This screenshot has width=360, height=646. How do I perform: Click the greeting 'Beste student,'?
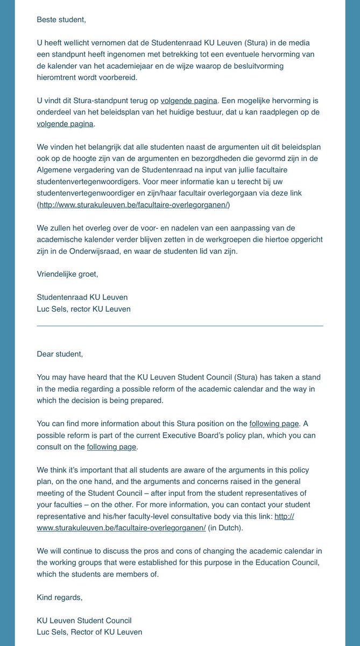pos(61,19)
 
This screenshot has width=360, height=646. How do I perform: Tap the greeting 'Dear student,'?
pos(60,354)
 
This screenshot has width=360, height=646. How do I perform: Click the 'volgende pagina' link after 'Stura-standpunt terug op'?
pos(189,100)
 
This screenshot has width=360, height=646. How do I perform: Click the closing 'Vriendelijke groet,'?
pos(67,274)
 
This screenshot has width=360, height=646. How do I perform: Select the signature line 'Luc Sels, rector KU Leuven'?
pos(83,308)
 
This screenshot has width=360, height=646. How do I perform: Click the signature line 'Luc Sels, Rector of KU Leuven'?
pos(89,632)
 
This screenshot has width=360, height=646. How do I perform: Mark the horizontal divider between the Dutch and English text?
pos(180,326)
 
